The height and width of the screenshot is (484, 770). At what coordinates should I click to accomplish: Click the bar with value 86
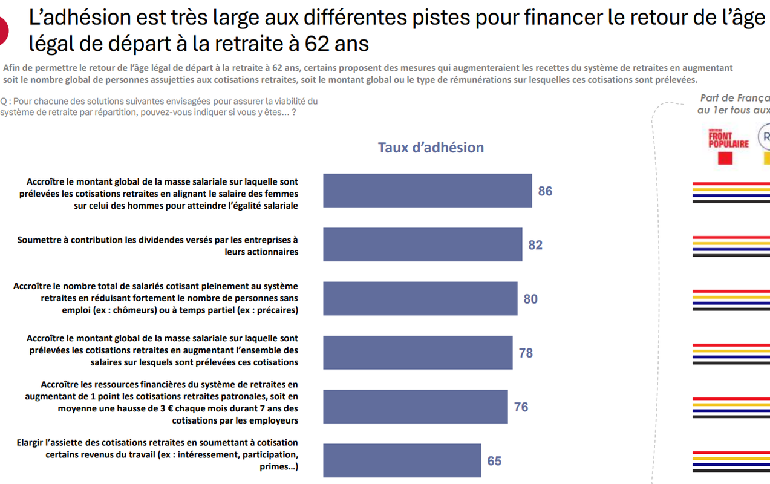pos(427,191)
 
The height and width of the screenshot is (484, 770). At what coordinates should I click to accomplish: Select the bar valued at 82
pos(422,244)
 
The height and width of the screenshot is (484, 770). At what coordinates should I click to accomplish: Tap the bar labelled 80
pos(420,298)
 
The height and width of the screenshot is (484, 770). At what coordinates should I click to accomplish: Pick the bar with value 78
pos(417,353)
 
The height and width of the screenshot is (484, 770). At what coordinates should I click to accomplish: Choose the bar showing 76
pos(415,407)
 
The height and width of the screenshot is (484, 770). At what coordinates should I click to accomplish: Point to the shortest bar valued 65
pos(402,460)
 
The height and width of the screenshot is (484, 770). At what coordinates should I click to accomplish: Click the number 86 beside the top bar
pos(545,191)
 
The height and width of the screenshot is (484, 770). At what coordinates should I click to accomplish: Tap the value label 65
pos(494,461)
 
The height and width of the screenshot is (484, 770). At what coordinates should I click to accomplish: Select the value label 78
pos(526,353)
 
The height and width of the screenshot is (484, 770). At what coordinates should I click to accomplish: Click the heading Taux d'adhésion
pos(431,148)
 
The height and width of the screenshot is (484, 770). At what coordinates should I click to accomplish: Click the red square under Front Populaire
pos(725,159)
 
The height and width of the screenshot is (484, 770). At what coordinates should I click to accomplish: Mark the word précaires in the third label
pos(275,310)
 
